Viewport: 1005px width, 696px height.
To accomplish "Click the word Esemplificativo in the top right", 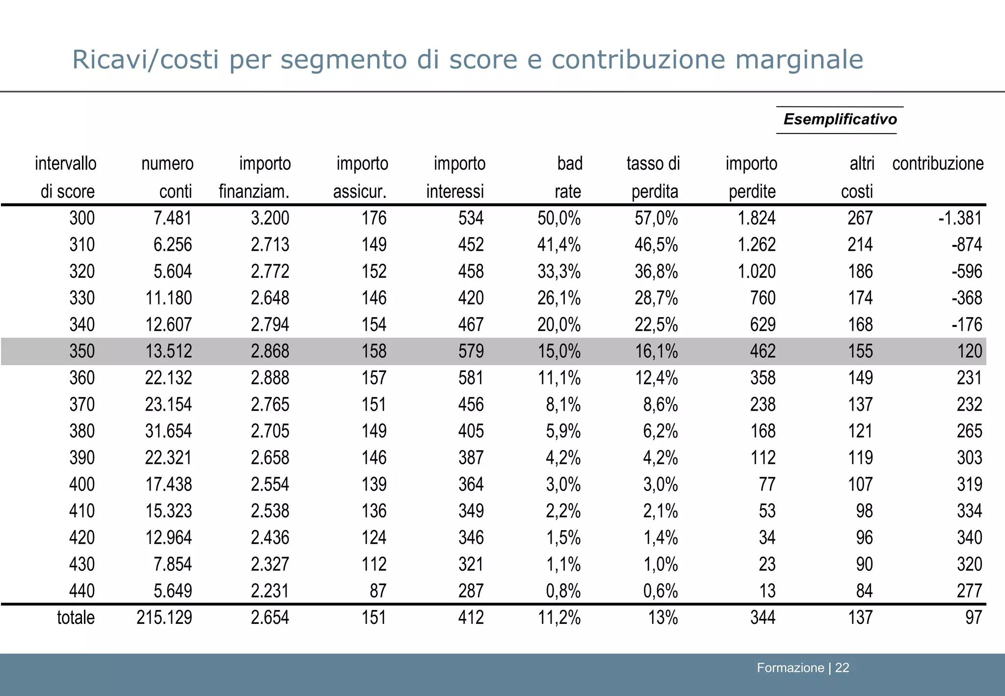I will coord(840,119).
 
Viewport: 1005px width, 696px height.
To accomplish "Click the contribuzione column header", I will coord(937,163).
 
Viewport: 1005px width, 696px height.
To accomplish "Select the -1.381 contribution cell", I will coord(960,218).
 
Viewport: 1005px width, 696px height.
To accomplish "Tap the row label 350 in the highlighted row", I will coord(82,351).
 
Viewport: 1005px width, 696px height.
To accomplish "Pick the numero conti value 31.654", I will coord(168,431).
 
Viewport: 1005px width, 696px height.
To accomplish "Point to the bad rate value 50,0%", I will coord(559,218).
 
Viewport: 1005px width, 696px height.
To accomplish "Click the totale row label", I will coord(76,617).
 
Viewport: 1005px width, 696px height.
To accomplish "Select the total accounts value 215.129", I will coord(164,617).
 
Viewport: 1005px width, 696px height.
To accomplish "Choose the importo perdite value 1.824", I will coord(757,218).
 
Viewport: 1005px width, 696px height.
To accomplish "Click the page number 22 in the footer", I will coord(842,668).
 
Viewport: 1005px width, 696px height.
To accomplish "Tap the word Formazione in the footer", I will coord(790,668).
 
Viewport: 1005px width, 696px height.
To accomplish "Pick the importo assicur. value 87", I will coord(378,591).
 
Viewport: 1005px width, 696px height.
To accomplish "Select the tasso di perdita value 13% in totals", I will coord(663,617).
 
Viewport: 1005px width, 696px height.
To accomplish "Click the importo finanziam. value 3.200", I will coord(270,218).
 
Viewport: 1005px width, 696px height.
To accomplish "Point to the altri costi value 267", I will coord(860,218).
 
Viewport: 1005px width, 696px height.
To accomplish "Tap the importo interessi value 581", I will coord(471,378).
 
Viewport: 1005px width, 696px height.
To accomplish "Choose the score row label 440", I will coord(82,591).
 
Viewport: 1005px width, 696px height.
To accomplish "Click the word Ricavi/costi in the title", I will coord(145,60).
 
